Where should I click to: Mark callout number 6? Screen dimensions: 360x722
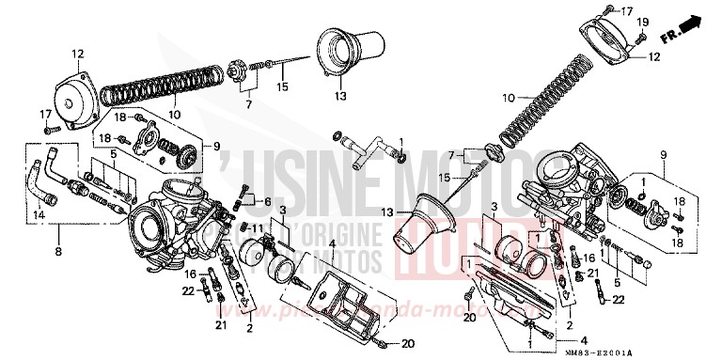[x=268, y=202]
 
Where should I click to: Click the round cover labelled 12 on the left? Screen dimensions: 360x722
[x=82, y=95]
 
